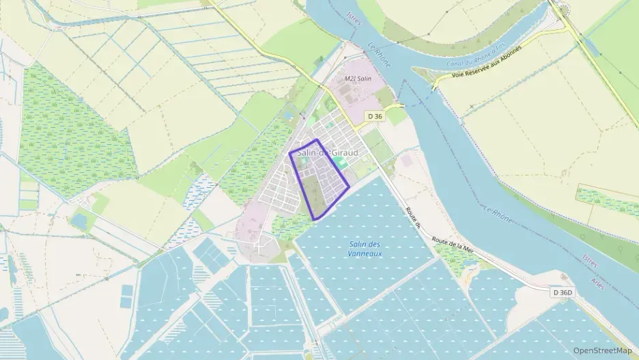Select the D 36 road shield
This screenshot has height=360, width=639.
[x=374, y=116]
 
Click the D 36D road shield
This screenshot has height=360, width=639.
[x=562, y=292]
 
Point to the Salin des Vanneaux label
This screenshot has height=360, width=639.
[x=364, y=249]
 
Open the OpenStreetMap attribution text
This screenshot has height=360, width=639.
[x=602, y=350]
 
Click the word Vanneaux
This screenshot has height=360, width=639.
[x=364, y=254]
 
